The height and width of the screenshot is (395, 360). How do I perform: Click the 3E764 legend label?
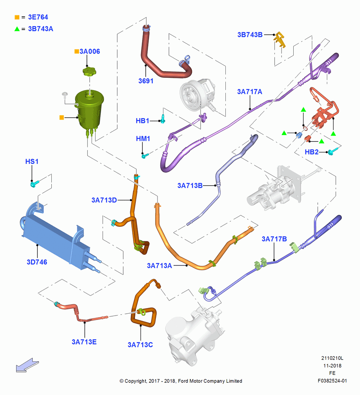coord(38,17)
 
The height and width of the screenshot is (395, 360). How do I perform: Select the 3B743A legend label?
coord(41,29)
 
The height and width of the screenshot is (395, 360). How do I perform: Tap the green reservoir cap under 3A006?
coord(89,71)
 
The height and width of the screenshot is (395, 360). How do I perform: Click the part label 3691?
coord(146,81)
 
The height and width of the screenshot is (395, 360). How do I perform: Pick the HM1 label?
coord(143,139)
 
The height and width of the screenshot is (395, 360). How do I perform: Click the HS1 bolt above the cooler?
coord(35,183)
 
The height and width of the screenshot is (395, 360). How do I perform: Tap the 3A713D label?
coord(104,200)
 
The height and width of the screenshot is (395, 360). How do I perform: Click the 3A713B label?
coord(190,186)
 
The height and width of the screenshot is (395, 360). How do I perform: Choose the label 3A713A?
coord(159,265)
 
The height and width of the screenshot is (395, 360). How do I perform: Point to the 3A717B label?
coord(274,239)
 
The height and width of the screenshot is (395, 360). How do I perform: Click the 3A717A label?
coord(249,92)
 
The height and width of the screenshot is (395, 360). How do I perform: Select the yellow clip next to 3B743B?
coord(280,39)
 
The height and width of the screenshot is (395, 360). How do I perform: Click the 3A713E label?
coord(84,342)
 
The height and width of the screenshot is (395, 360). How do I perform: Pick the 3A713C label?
coord(140,344)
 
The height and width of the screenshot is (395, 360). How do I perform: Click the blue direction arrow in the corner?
coord(27,365)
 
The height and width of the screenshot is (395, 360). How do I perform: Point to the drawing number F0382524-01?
coord(332,381)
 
